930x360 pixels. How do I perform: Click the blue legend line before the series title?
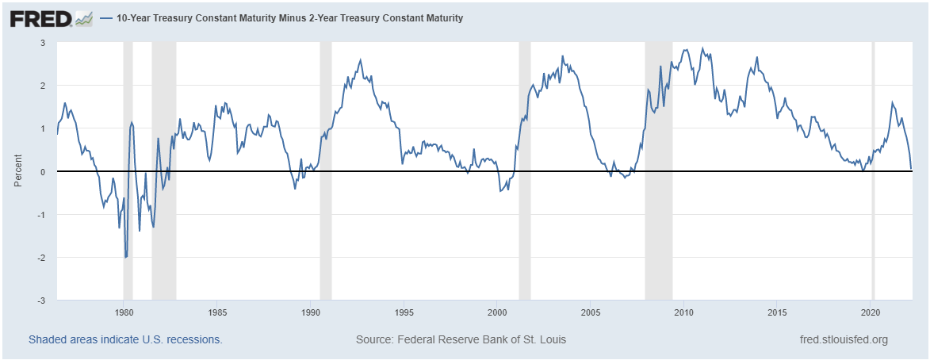coord(106,17)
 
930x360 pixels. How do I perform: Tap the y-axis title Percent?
coord(17,171)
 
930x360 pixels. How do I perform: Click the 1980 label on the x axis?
coord(124,312)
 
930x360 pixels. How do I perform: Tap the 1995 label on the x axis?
coord(404,312)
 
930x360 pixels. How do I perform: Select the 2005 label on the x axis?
coord(591,312)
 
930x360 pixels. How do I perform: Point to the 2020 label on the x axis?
coord(871,312)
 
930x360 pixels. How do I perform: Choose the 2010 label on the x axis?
coord(683,312)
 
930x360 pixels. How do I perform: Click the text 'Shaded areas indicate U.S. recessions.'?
coord(125,339)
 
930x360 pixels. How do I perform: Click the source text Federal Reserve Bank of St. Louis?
coord(461,339)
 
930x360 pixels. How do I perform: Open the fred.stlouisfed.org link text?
coord(844,339)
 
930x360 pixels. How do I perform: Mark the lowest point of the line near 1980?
coord(126,257)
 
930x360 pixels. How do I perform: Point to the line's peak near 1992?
coord(361,59)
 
